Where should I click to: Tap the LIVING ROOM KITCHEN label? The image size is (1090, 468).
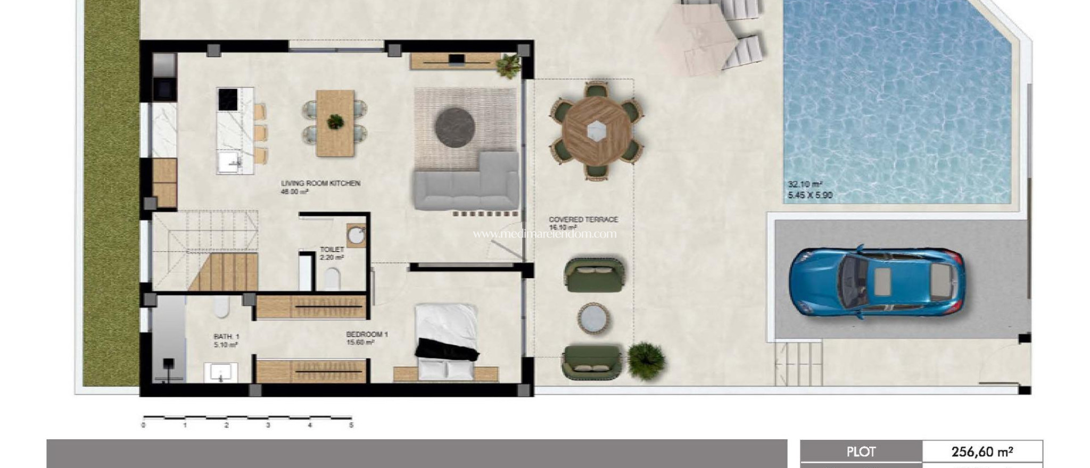pos(320,183)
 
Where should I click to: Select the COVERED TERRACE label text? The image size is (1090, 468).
pos(583,220)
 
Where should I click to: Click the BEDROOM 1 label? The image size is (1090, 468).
pos(367,335)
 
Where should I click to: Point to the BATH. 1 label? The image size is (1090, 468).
pos(226,337)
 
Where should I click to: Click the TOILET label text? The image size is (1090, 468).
pos(332,249)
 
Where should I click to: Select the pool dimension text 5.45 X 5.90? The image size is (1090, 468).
pos(810,195)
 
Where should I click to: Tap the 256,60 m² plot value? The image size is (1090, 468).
pos(981,452)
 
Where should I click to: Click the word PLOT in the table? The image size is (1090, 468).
pos(861,452)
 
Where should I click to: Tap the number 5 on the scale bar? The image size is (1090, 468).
pos(351,425)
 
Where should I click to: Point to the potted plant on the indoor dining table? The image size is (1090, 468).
pos(335,122)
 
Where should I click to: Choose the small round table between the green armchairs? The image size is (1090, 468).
pos(593,319)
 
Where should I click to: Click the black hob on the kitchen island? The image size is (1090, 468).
pos(228,99)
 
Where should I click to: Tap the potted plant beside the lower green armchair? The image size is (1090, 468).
pos(646,361)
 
